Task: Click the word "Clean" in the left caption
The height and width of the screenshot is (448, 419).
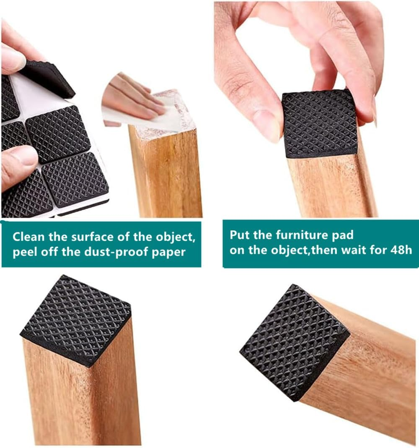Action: point(28,237)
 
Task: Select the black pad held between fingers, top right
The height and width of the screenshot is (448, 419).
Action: point(320,123)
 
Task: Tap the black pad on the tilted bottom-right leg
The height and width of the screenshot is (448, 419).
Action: point(294,340)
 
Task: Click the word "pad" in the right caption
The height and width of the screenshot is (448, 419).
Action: point(344,234)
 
